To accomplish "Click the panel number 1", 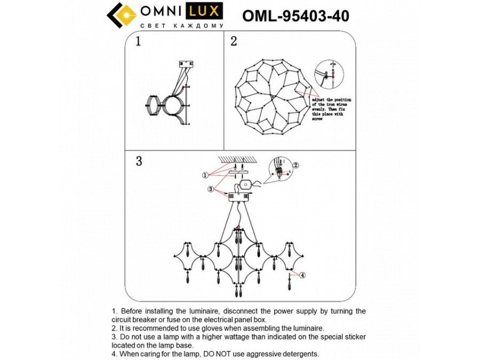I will click(x=138, y=42).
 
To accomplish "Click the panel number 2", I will click(x=234, y=42).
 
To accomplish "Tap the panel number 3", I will click(x=139, y=162).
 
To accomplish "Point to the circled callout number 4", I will click(x=302, y=275).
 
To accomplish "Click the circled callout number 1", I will click(x=205, y=174).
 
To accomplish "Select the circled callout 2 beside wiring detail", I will click(x=297, y=165).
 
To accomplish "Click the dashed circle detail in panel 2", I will click(x=326, y=75).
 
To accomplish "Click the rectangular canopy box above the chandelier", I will click(x=238, y=196).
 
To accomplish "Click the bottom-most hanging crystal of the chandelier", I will click(x=238, y=292).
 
